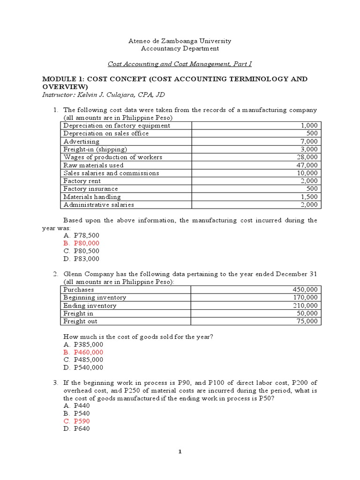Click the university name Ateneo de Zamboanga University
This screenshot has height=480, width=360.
(180, 41)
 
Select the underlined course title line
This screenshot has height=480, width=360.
(180, 63)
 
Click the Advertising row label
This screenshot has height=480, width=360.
(82, 142)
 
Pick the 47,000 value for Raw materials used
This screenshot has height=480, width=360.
(307, 165)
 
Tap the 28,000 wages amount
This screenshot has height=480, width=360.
(307, 157)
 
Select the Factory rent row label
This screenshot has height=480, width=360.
(82, 181)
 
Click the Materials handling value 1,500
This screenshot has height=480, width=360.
(309, 197)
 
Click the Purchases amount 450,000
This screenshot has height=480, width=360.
(305, 290)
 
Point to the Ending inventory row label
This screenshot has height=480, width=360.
(90, 306)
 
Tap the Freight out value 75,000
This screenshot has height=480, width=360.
(307, 322)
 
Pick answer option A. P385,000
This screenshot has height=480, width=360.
(83, 344)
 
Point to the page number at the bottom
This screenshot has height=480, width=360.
(180, 452)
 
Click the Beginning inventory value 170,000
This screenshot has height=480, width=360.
(305, 298)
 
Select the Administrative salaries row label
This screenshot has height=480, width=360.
(99, 205)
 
